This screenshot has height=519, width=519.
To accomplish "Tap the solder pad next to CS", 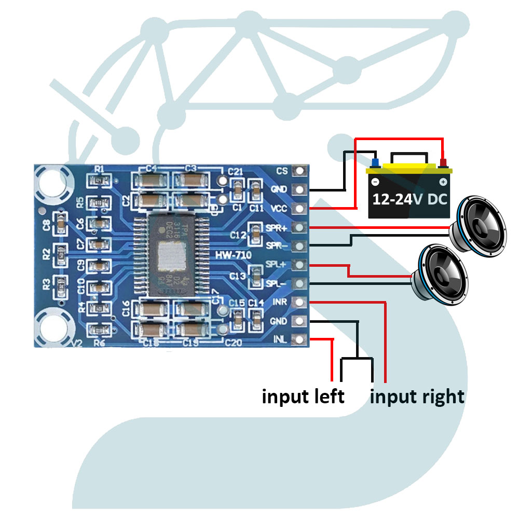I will (x=299, y=171).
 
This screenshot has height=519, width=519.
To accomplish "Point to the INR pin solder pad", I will (x=299, y=302).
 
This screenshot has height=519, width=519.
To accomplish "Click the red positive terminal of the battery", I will (x=443, y=163).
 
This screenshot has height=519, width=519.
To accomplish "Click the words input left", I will (x=303, y=397).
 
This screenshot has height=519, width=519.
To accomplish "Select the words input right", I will (x=417, y=397).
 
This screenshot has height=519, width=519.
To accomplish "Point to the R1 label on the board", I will (x=100, y=169).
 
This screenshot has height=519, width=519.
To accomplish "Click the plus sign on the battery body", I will (x=443, y=182).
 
